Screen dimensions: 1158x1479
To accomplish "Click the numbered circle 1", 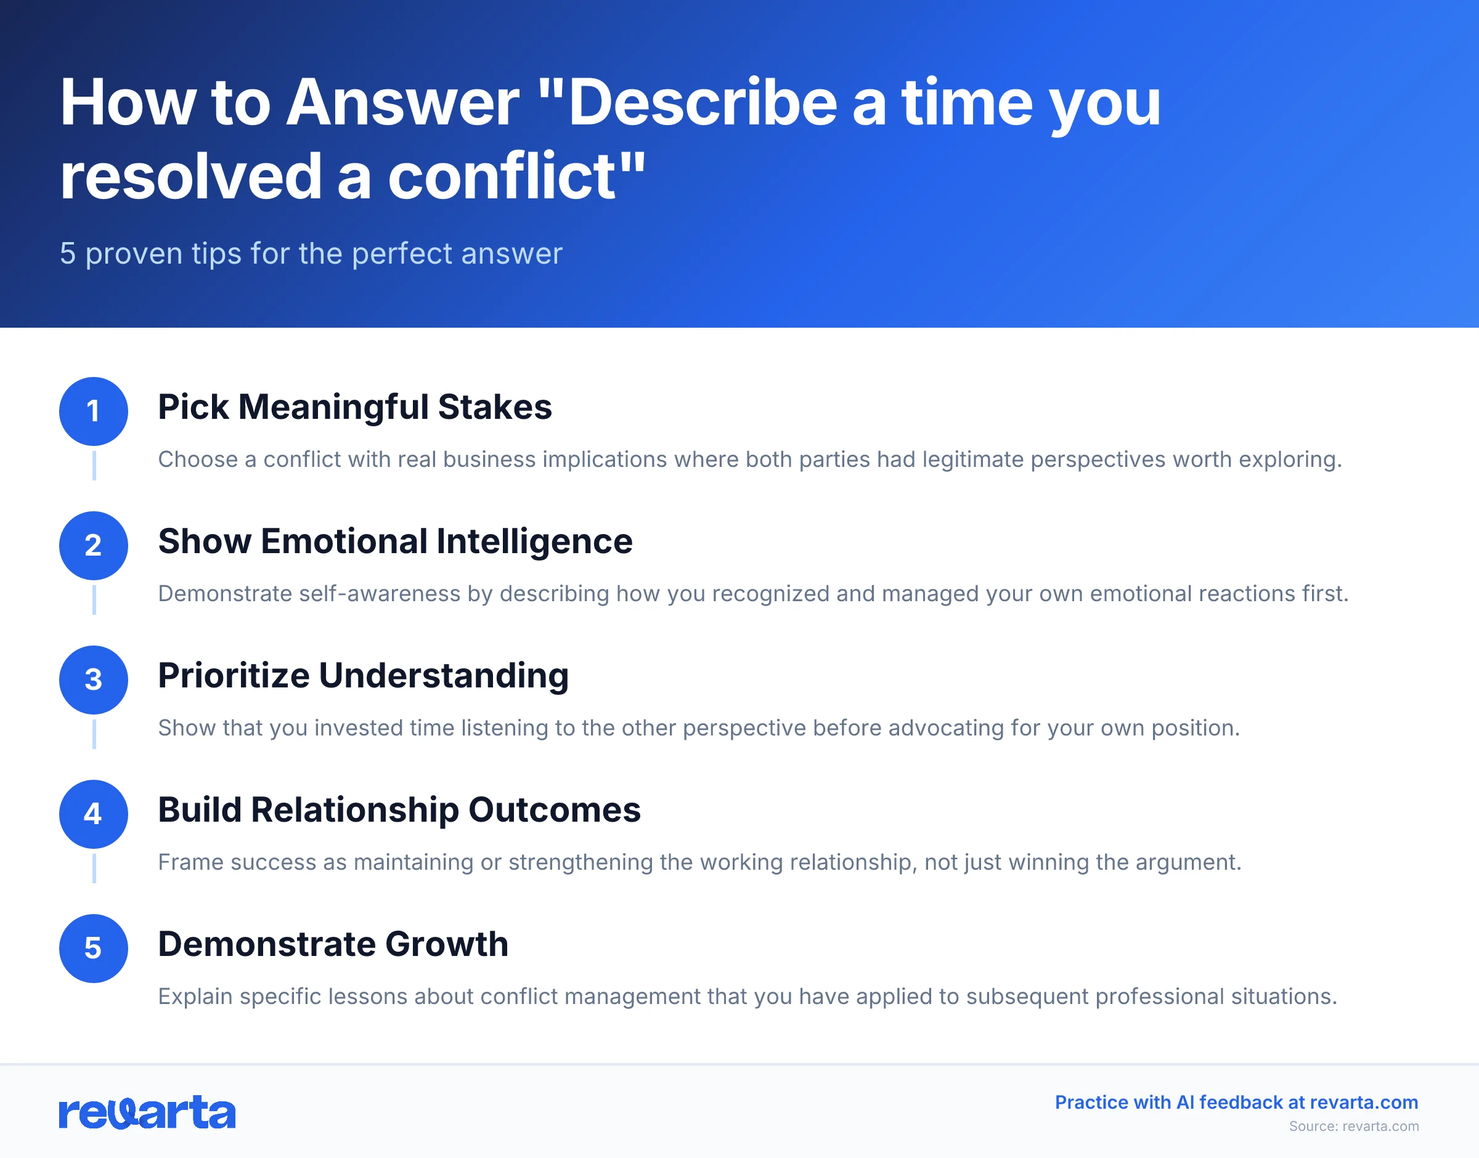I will coord(94,411).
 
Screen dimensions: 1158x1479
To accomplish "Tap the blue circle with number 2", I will coord(94,545).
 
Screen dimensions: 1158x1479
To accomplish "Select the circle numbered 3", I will coord(94,679).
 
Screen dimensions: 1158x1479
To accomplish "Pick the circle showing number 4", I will coord(94,814).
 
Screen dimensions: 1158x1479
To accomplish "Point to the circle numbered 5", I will coord(94,948).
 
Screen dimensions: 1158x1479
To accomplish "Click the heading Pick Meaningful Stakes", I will coord(355,407).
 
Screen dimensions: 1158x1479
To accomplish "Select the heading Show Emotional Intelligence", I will coord(394,541).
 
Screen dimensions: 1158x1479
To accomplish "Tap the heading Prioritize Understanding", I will coord(363,675).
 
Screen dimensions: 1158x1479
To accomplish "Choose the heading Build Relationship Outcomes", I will coord(399,809).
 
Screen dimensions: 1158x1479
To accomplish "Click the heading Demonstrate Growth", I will coord(333,944).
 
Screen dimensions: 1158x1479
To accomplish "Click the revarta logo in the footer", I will coord(147,1112).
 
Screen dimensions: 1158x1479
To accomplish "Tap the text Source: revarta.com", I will coord(1353,1126).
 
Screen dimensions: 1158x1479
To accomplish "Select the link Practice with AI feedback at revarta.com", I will coord(1236,1103).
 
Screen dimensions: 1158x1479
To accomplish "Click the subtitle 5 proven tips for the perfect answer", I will coord(311,254).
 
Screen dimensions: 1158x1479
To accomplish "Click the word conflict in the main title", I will coord(502,176).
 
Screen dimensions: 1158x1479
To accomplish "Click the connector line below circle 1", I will coord(94,465).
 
